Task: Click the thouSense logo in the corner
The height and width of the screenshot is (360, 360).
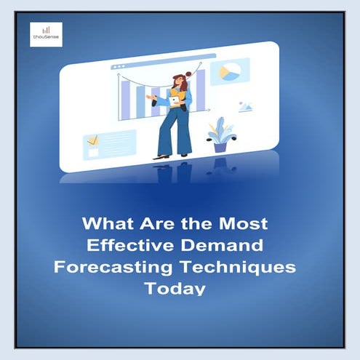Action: coord(46,33)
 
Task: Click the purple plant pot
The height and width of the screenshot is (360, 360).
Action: coord(220,145)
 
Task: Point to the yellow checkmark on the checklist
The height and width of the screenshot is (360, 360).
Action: coord(92,140)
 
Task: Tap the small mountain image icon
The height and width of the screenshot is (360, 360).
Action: coord(245,107)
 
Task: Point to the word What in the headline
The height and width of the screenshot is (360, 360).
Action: coord(106,222)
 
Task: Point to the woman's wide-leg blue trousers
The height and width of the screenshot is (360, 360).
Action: coord(175,131)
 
